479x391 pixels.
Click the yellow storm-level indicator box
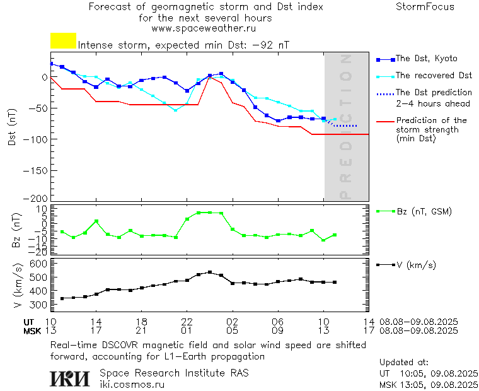pyautogui.click(x=63, y=41)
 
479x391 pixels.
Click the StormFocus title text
pyautogui.click(x=425, y=7)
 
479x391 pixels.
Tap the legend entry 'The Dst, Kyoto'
pyautogui.click(x=426, y=59)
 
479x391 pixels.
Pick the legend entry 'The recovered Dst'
pyautogui.click(x=433, y=76)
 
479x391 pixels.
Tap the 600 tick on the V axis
pyautogui.click(x=39, y=263)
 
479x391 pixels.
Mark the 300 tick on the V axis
pyautogui.click(x=39, y=305)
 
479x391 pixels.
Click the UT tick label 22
pyautogui.click(x=187, y=322)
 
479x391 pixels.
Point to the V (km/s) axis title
pyautogui.click(x=16, y=288)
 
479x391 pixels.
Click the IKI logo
pyautogui.click(x=71, y=378)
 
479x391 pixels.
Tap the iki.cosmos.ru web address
pyautogui.click(x=132, y=383)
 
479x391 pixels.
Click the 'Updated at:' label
pyautogui.click(x=403, y=363)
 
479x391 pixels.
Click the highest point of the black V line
pyautogui.click(x=210, y=272)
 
